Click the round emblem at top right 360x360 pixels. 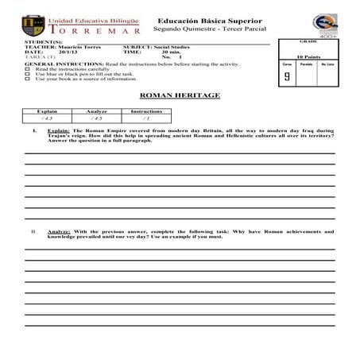point(324,24)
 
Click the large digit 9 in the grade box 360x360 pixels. point(286,76)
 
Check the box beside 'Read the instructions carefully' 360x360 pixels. point(28,69)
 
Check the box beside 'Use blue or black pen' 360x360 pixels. point(28,74)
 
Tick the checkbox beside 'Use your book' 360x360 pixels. point(28,79)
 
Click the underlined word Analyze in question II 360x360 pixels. point(59,231)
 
